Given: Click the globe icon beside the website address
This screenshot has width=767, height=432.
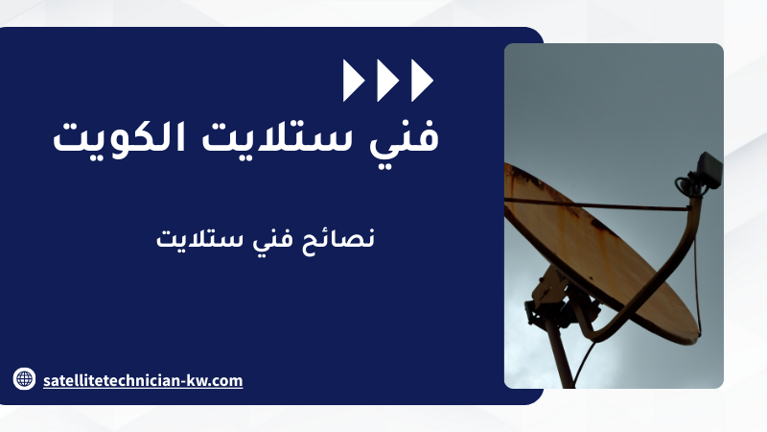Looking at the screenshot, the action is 24,378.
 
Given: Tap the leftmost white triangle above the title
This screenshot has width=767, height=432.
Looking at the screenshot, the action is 353,81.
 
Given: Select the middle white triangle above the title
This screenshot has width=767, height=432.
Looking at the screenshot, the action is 387,81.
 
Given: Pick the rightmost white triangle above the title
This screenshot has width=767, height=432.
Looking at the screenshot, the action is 422,81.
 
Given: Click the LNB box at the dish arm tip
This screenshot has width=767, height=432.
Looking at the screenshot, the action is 709,170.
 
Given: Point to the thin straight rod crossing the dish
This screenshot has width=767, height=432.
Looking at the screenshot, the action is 596,204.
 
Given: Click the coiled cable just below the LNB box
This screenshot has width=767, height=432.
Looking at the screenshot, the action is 685,185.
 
